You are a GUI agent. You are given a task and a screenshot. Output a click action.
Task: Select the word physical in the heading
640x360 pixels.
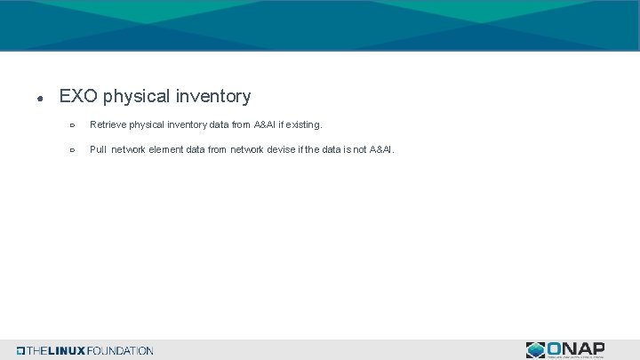[x=134, y=96]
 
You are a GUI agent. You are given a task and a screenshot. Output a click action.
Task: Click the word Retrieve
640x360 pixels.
[x=108, y=125]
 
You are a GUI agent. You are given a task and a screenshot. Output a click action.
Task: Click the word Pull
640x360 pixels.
[x=98, y=149]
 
